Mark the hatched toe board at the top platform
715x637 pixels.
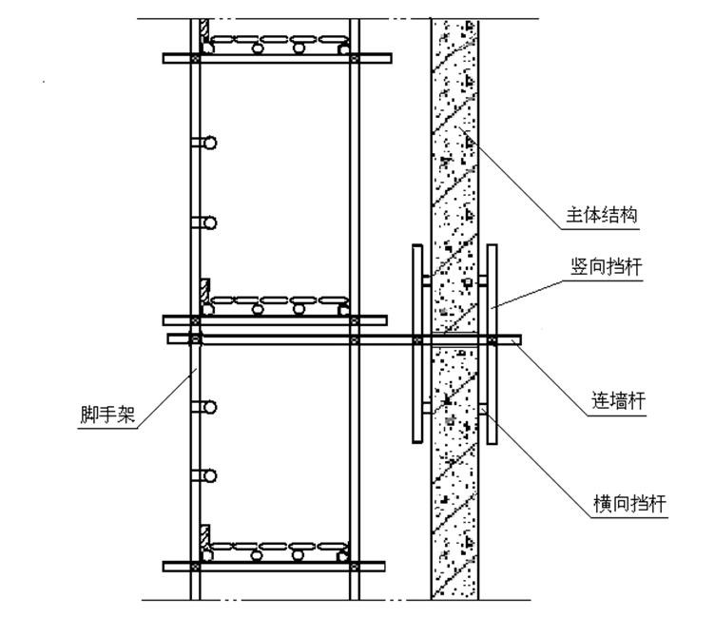coord(203,33)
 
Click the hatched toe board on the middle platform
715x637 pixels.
coord(203,294)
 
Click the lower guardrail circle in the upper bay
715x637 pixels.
coord(209,222)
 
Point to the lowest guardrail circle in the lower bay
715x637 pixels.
coord(209,475)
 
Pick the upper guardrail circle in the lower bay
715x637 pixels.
coord(209,407)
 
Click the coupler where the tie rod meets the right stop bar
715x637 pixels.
coord(492,338)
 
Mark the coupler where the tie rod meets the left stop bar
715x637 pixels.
coord(417,338)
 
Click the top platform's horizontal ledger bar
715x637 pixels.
coord(277,58)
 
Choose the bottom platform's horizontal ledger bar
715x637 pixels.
coord(277,567)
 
